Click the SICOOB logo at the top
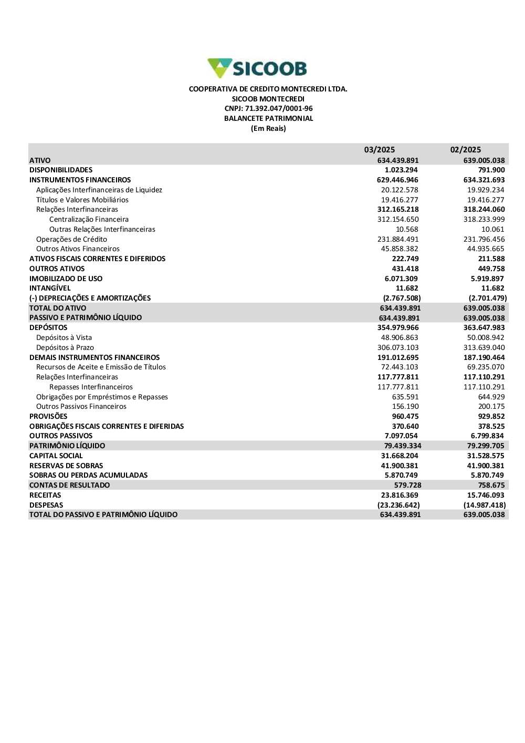point(257,68)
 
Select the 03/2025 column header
point(380,150)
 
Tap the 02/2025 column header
point(466,150)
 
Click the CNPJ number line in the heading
point(268,109)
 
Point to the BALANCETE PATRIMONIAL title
point(268,119)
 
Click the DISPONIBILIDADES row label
point(61,170)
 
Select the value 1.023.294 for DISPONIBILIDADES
point(401,170)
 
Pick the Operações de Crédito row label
point(71,240)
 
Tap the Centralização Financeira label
point(89,220)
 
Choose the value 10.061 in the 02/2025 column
point(493,230)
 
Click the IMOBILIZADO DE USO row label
point(66,279)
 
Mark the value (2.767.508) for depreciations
point(402,298)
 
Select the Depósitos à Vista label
point(64,338)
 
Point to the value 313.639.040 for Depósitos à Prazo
point(484,348)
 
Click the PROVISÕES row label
point(48,417)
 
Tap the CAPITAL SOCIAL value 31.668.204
point(400,456)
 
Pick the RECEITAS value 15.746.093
point(486,496)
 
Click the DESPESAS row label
point(46,505)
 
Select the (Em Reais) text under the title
point(268,129)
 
